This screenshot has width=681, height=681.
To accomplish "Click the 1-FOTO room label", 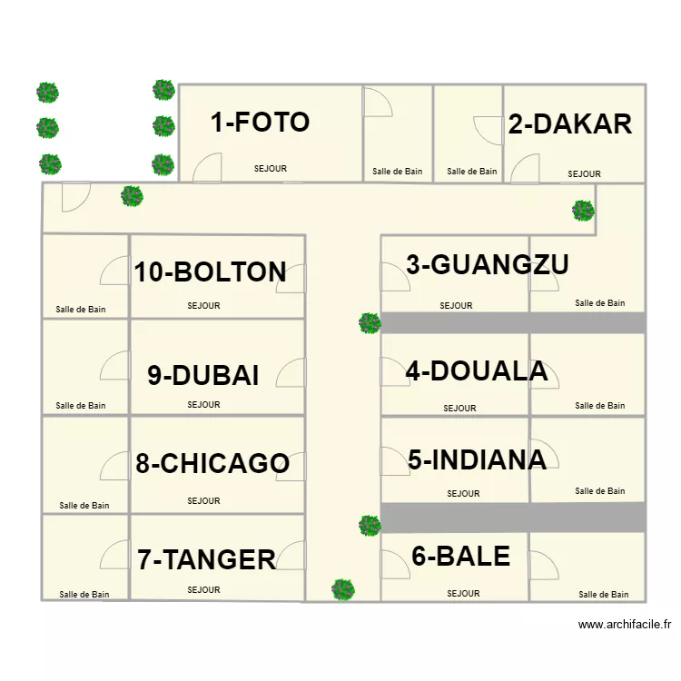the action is pos(260,123).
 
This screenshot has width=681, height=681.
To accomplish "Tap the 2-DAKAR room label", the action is pos(569,124).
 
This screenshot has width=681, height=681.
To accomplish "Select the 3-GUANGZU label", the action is pos(487,264).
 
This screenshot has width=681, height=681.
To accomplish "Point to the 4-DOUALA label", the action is pos(476,371).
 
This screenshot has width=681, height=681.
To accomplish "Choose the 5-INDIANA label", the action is pos(477,459).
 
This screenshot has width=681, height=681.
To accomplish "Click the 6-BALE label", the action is pos(460,556).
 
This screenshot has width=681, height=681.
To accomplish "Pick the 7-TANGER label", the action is pos(206,559).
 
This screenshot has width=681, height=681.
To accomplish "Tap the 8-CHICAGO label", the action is pos(212,463).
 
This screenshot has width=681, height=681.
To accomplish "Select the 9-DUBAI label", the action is pos(203,375).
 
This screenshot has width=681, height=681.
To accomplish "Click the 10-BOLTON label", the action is pos(211,271).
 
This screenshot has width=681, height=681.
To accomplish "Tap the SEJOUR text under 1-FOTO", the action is pos(271,169).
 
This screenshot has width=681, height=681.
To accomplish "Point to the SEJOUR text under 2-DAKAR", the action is pos(584,174).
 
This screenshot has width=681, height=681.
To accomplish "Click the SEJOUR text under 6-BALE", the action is pos(463,594).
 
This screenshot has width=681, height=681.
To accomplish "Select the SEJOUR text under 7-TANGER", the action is pos(203,590).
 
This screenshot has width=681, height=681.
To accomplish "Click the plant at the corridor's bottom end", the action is pos(342,590).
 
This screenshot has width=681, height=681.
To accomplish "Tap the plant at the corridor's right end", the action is pos(583,211).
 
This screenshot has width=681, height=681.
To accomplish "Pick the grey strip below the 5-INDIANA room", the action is pos(513,518).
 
